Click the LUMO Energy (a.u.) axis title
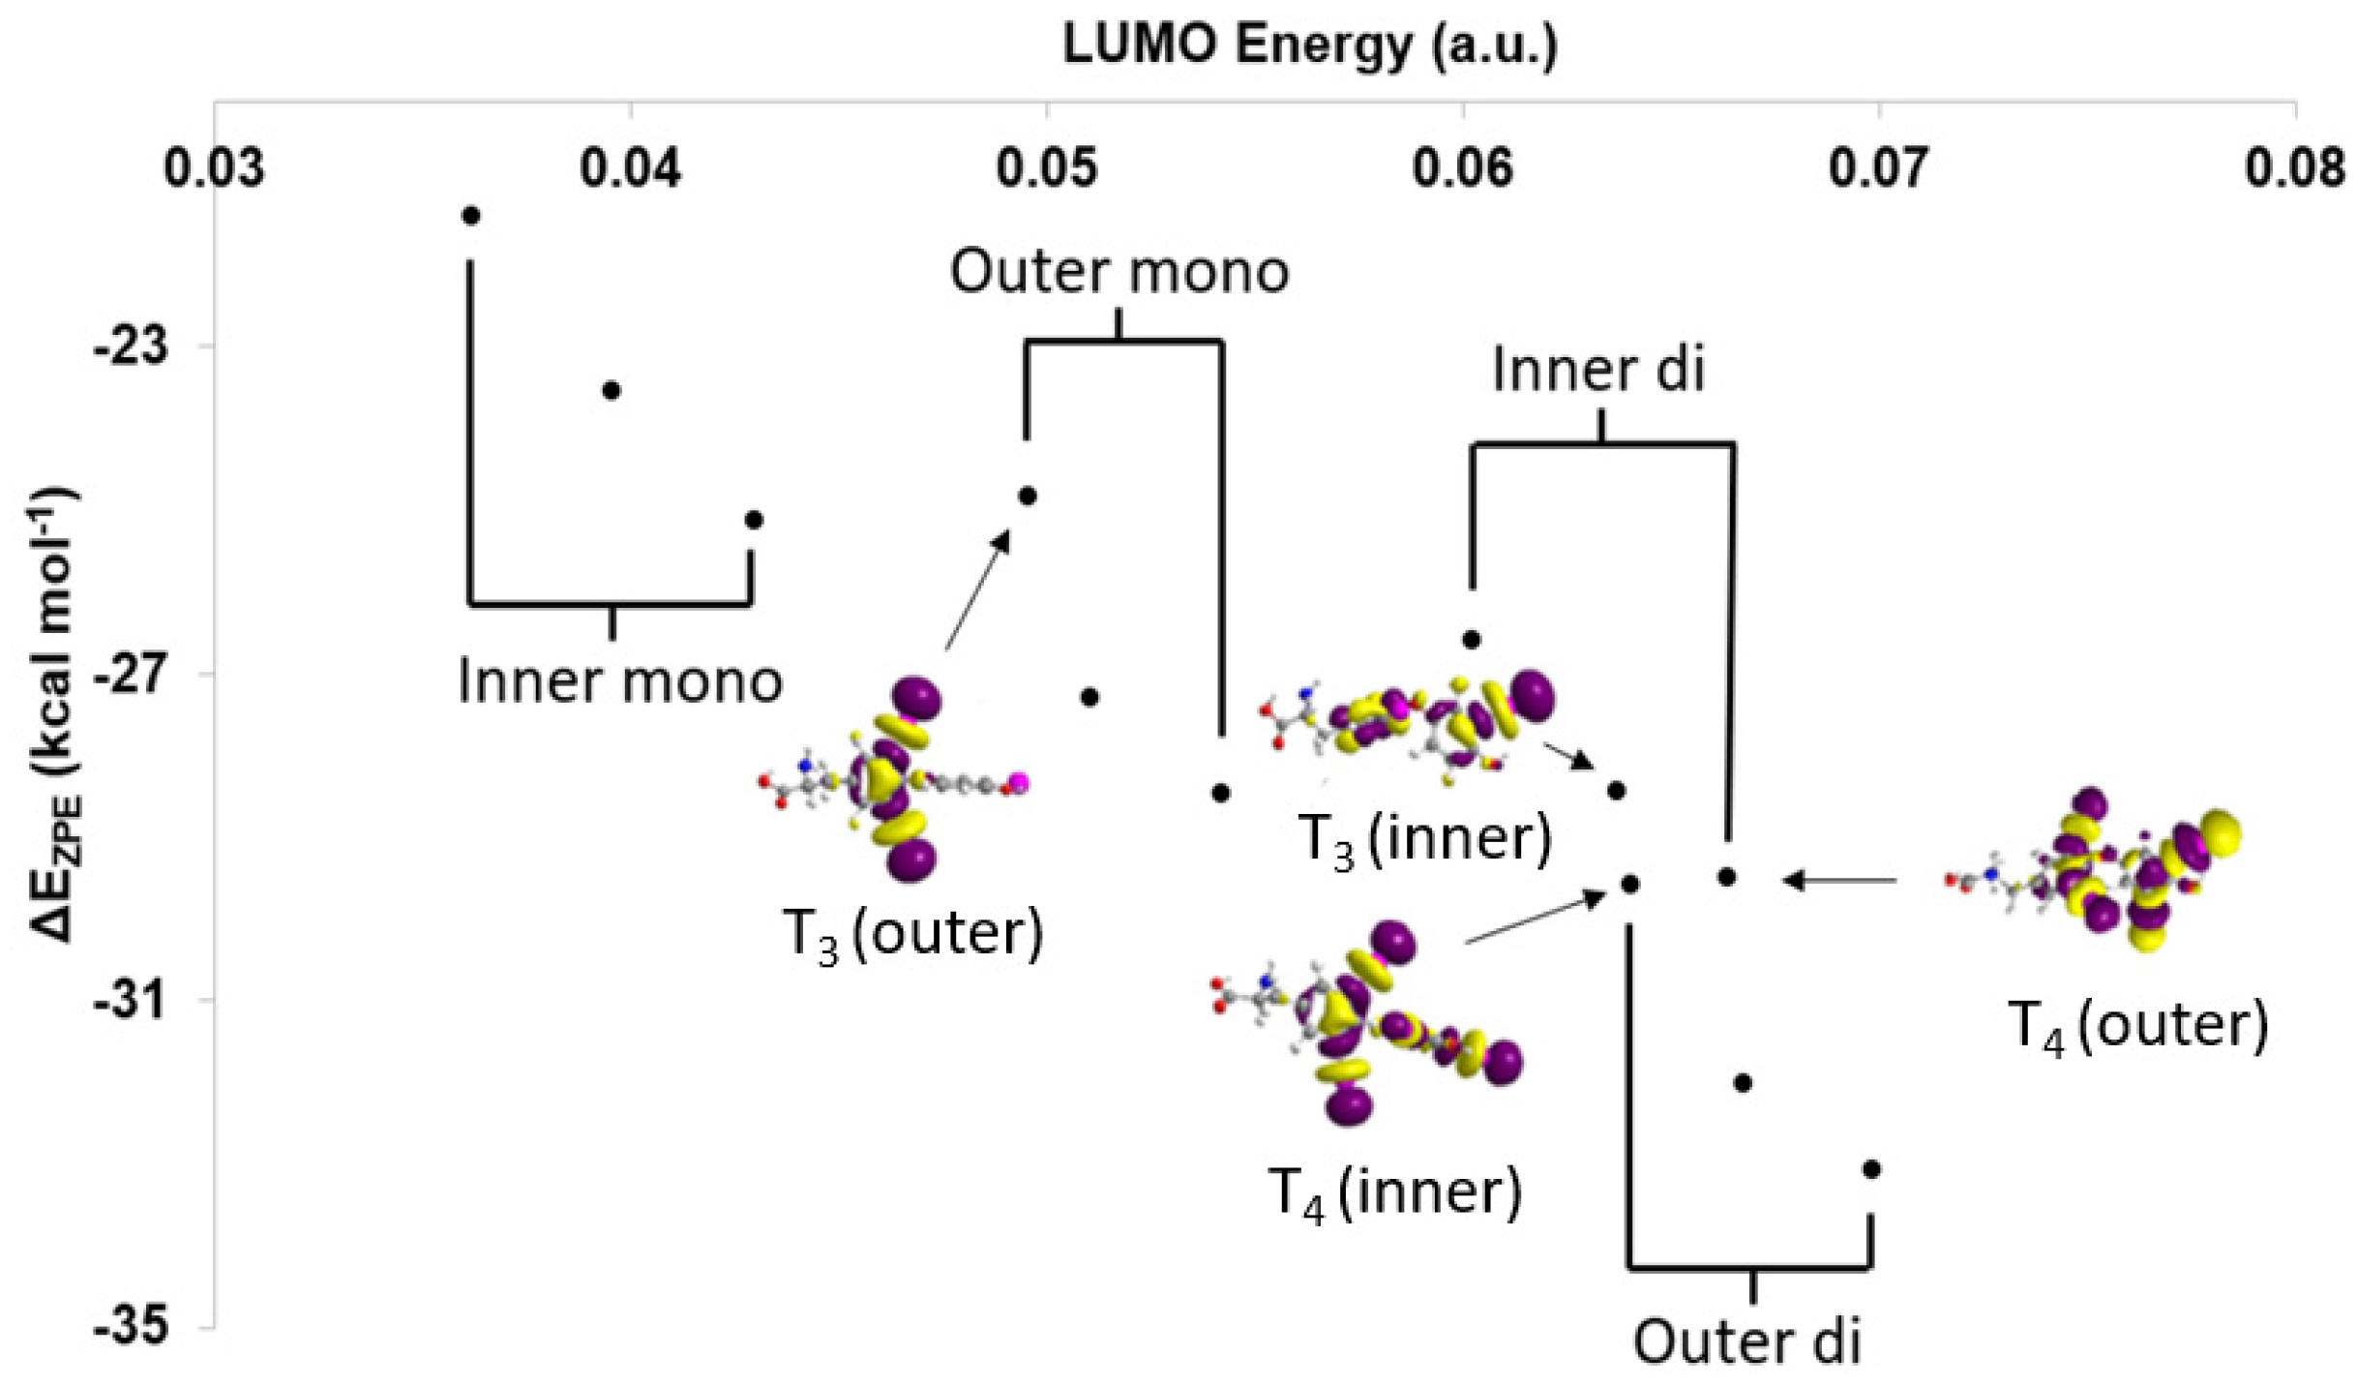pos(1310,45)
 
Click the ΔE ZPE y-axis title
pos(56,716)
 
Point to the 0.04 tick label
pos(630,168)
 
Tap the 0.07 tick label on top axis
pos(1878,168)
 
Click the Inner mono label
pos(620,680)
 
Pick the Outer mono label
pos(1119,271)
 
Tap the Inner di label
pos(1597,371)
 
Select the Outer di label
pos(1747,1342)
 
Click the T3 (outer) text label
pos(913,933)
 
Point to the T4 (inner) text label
pos(1395,1191)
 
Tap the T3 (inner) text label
pos(1423,838)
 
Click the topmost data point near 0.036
pos(471,216)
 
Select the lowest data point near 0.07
pos(1871,1169)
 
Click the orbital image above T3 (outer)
pos(895,779)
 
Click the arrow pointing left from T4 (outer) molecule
pos(1838,881)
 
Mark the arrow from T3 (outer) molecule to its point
pos(978,589)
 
